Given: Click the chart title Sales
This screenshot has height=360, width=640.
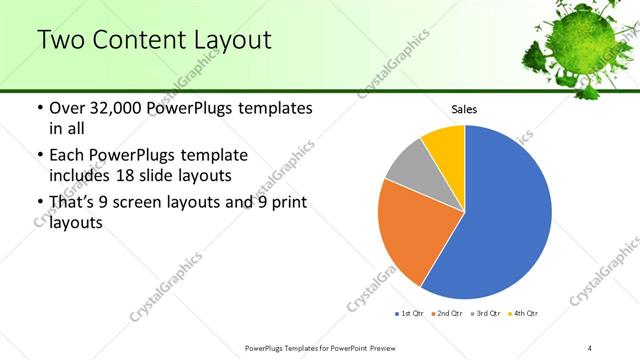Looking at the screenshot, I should pos(464,108).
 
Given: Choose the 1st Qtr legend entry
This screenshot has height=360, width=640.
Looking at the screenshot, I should pos(410,314).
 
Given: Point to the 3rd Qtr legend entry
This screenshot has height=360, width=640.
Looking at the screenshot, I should pos(485,314).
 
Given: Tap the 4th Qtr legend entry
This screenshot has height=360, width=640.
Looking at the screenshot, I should pos(523,314).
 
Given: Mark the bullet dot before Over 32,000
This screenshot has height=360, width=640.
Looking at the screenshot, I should pos(38,108).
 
